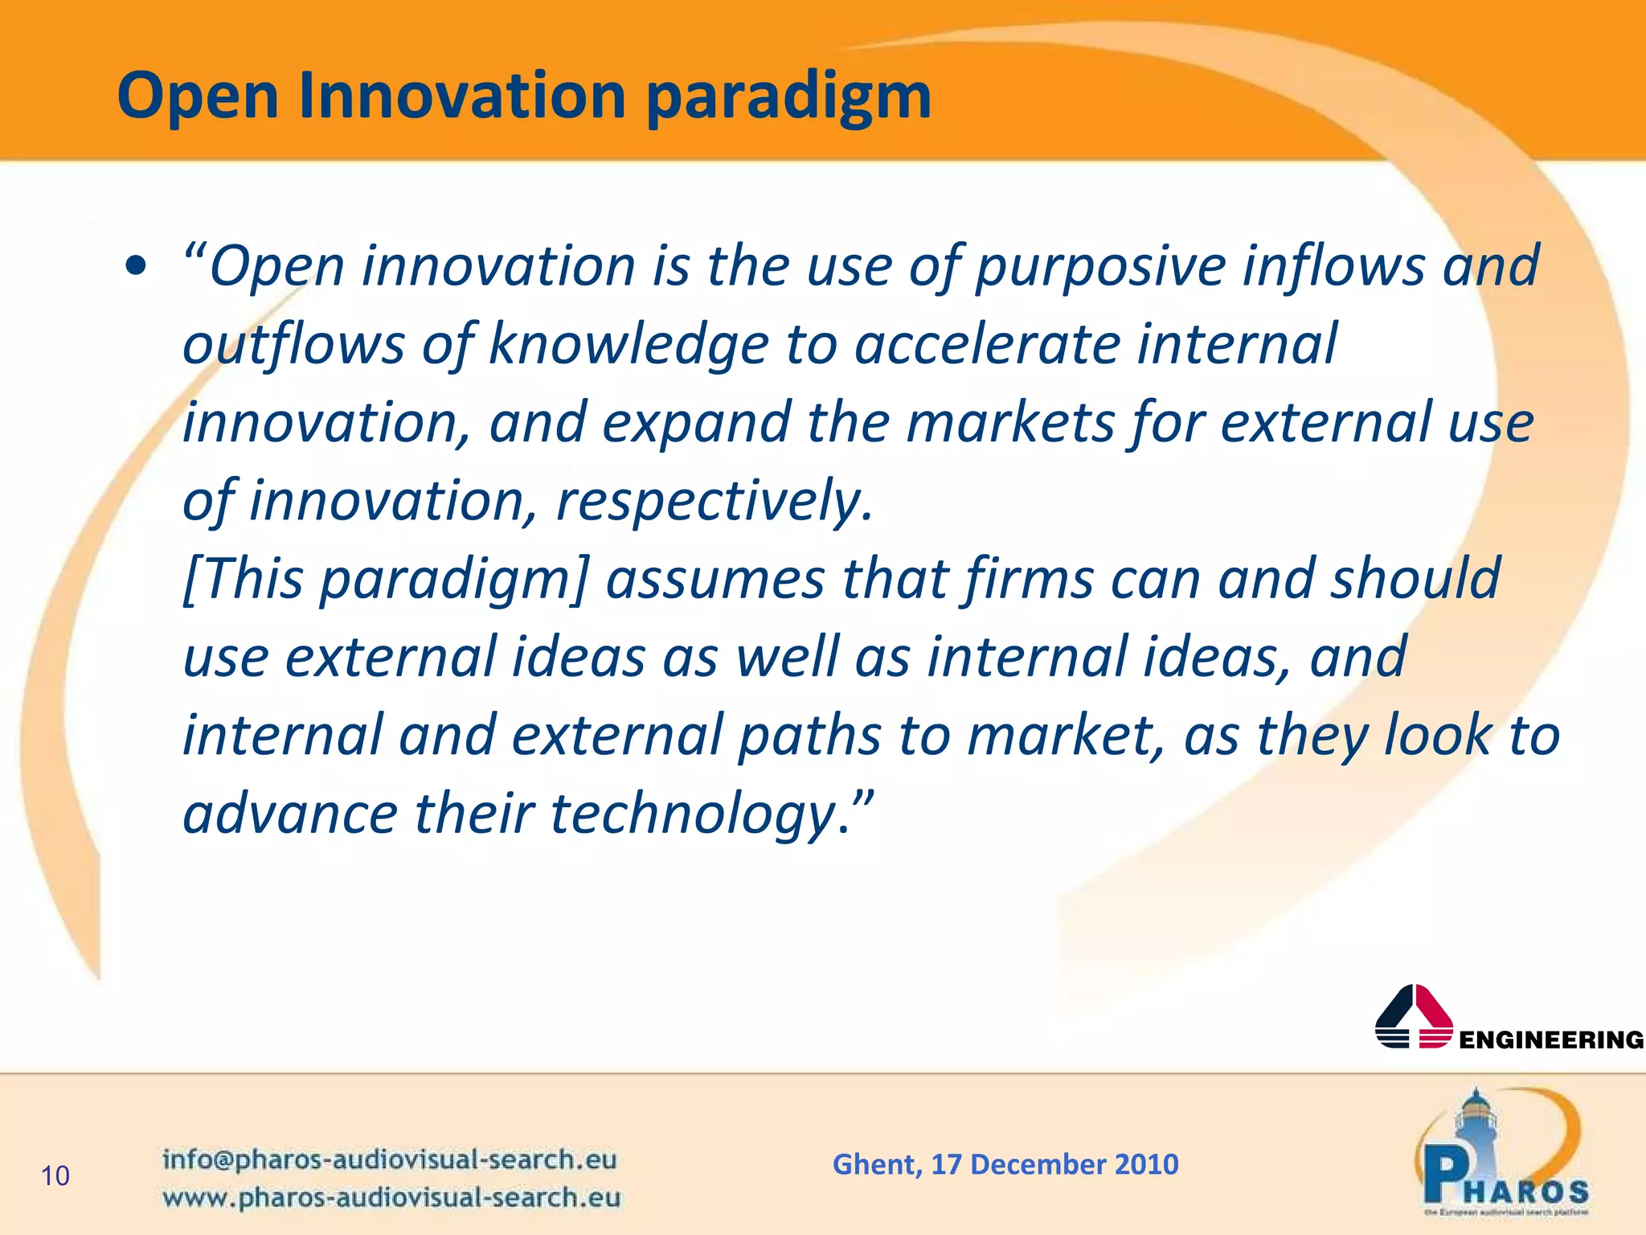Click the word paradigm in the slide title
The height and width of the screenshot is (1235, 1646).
point(788,96)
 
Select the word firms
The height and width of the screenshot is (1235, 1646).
point(1030,579)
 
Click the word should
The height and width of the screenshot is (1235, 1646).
point(1415,579)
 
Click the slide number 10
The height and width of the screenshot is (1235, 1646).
point(55,1176)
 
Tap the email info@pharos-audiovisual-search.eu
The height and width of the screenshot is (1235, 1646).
point(390,1159)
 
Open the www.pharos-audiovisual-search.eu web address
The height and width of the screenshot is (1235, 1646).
point(391,1197)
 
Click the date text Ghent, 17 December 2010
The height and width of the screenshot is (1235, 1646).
point(1005,1164)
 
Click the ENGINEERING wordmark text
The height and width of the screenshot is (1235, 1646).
point(1551,1040)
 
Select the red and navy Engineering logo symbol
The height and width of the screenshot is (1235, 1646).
point(1414,1016)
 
